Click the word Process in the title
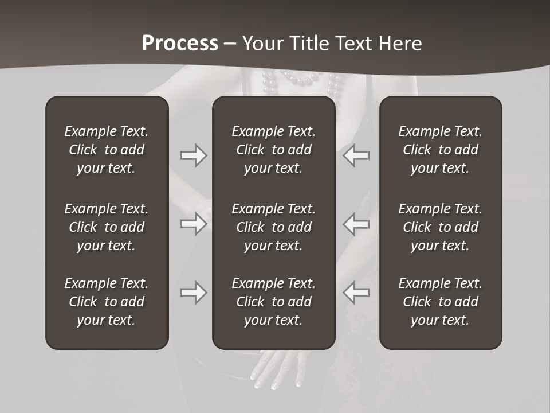point(180,44)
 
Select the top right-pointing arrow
point(193,155)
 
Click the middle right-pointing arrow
point(193,223)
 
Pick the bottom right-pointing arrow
point(193,293)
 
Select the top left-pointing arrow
point(356,155)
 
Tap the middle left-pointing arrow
point(356,223)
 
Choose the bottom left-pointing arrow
point(356,293)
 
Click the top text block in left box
point(107,150)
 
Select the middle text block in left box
point(107,227)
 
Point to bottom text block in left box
point(107,302)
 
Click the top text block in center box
point(273,150)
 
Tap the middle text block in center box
point(273,227)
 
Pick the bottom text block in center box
point(273,302)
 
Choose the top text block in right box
point(440,150)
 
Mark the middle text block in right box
point(440,227)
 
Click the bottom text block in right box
point(440,302)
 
